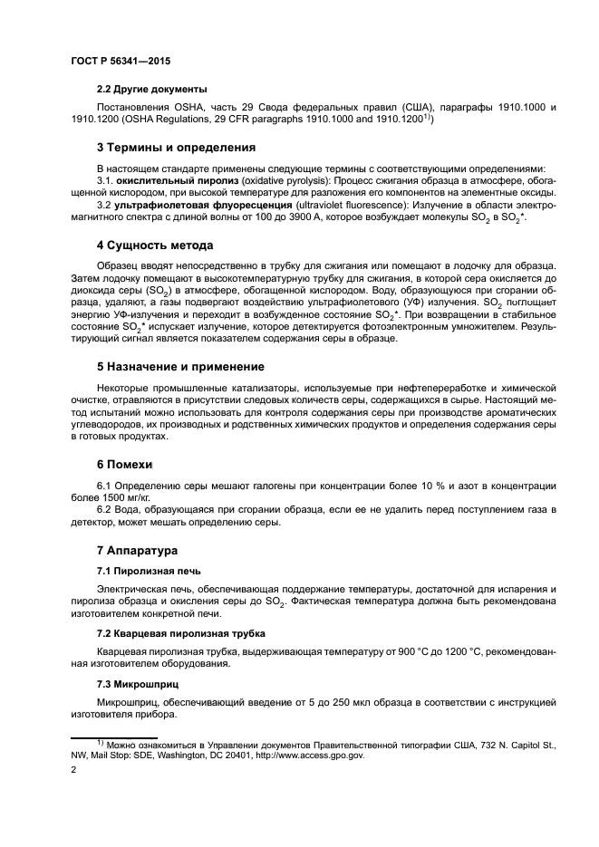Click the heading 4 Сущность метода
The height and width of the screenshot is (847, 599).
click(x=155, y=245)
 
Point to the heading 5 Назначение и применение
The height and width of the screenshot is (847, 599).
click(x=180, y=367)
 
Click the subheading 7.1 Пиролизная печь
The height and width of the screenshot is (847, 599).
click(x=149, y=571)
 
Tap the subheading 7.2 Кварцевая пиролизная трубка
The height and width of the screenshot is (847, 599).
click(x=180, y=631)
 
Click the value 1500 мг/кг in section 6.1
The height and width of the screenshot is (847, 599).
click(x=128, y=497)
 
